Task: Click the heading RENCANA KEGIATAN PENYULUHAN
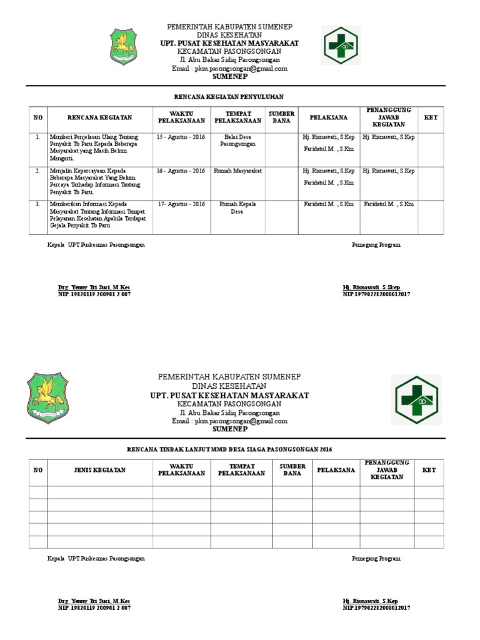click(x=228, y=97)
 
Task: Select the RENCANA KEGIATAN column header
click(x=99, y=117)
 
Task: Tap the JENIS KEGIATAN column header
click(x=100, y=470)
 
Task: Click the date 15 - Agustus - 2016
click(x=181, y=136)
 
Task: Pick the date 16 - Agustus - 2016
click(x=181, y=171)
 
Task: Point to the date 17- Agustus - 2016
click(x=181, y=204)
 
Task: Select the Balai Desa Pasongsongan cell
click(x=237, y=139)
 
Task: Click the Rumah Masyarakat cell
click(x=237, y=171)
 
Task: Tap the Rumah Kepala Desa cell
click(x=237, y=207)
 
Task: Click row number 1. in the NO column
click(x=38, y=136)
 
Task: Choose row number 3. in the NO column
click(x=38, y=204)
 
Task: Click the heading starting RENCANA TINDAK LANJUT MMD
click(x=228, y=449)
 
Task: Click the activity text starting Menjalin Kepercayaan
click(x=94, y=181)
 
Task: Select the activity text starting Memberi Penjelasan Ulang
click(x=94, y=147)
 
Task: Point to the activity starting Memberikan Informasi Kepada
click(x=94, y=214)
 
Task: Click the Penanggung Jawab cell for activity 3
click(x=388, y=204)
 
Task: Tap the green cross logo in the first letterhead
click(x=341, y=46)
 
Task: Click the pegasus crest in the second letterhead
click(x=47, y=398)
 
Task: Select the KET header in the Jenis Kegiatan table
click(x=429, y=470)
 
